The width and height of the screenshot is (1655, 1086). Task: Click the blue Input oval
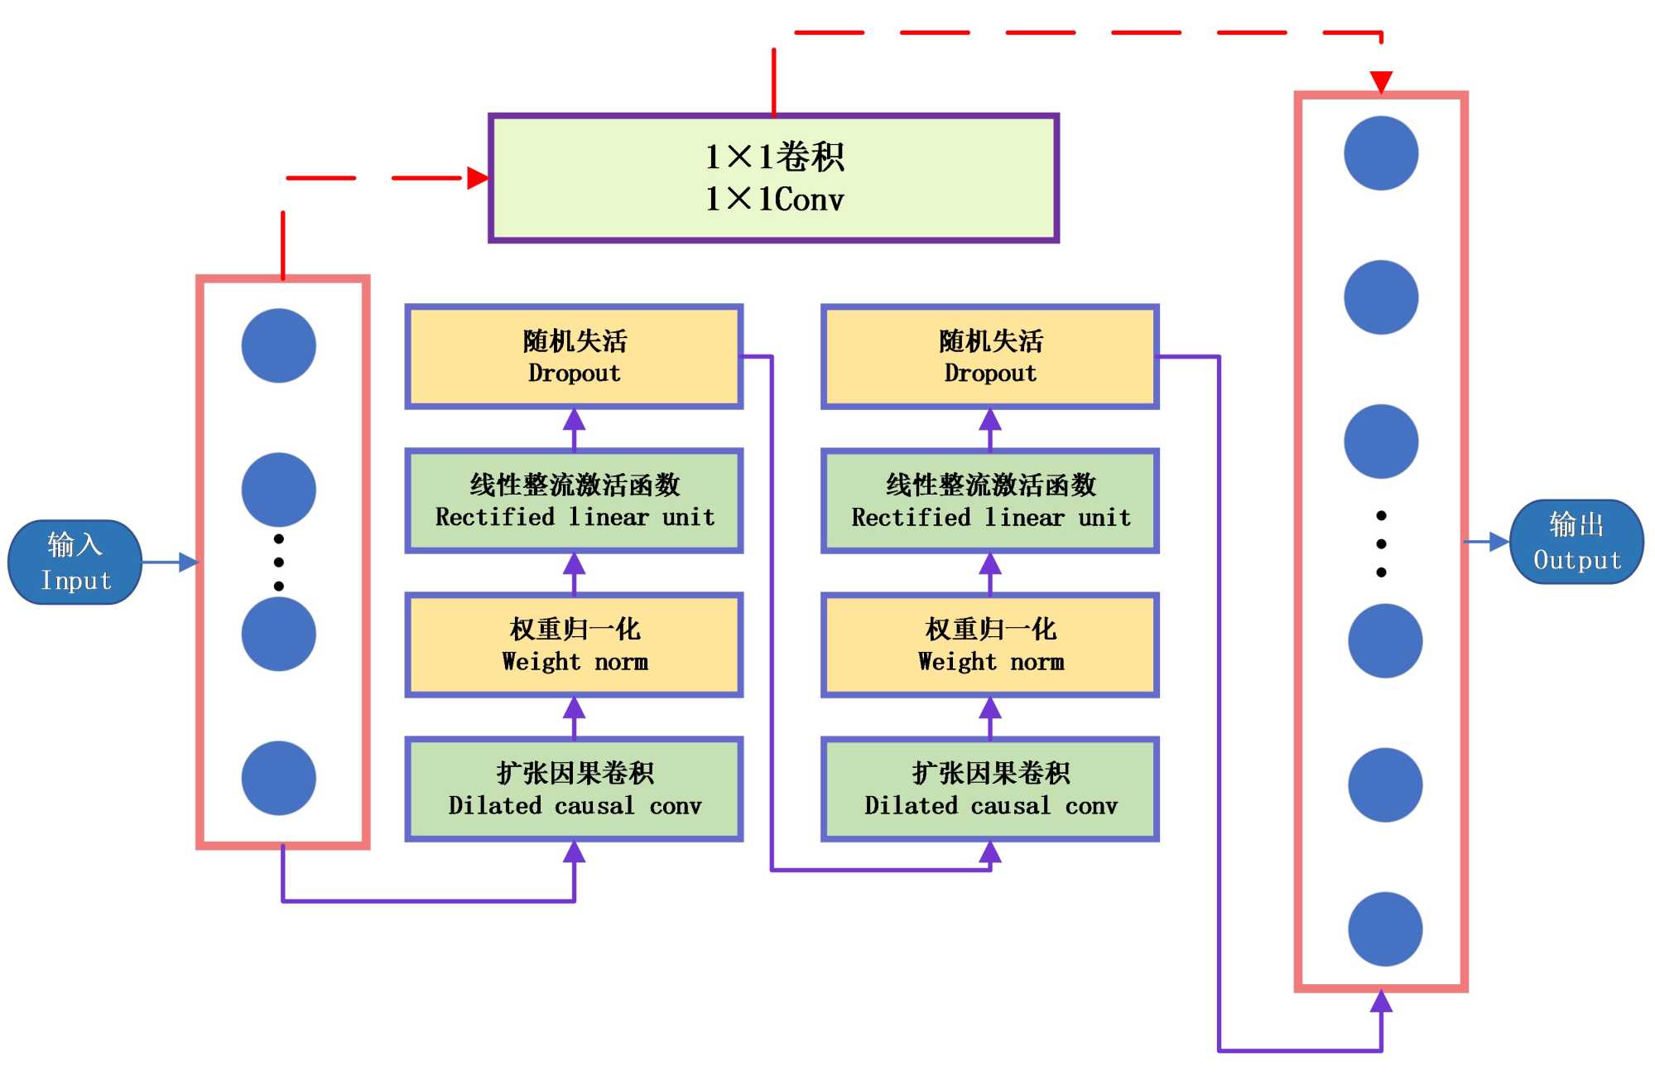(x=75, y=562)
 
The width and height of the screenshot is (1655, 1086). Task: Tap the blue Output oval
(x=1576, y=542)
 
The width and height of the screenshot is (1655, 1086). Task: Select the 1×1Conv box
(x=773, y=178)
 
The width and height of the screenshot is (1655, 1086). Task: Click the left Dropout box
(x=574, y=357)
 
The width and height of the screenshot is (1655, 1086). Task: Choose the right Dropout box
(x=990, y=357)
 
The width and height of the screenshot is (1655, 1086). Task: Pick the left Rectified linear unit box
(x=574, y=501)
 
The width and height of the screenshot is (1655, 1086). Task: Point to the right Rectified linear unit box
(x=990, y=501)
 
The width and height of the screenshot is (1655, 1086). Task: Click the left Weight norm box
(x=574, y=645)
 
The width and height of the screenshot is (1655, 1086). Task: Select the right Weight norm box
(x=990, y=645)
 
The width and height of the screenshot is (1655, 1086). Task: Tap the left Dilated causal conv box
(x=574, y=789)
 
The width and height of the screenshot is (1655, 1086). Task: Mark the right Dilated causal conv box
(x=990, y=789)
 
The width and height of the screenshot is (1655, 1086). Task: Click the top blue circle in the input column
(x=279, y=345)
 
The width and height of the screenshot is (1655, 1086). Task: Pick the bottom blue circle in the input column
(x=279, y=778)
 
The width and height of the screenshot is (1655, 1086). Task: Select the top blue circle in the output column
(x=1381, y=153)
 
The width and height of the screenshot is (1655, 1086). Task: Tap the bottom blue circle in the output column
(x=1385, y=929)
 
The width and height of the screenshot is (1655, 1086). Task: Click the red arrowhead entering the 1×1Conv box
(x=478, y=178)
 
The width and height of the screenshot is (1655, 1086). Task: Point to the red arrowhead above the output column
(x=1381, y=82)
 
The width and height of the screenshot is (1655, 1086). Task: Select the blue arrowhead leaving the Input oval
(x=189, y=562)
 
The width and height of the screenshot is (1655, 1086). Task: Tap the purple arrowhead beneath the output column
(x=1381, y=1002)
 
